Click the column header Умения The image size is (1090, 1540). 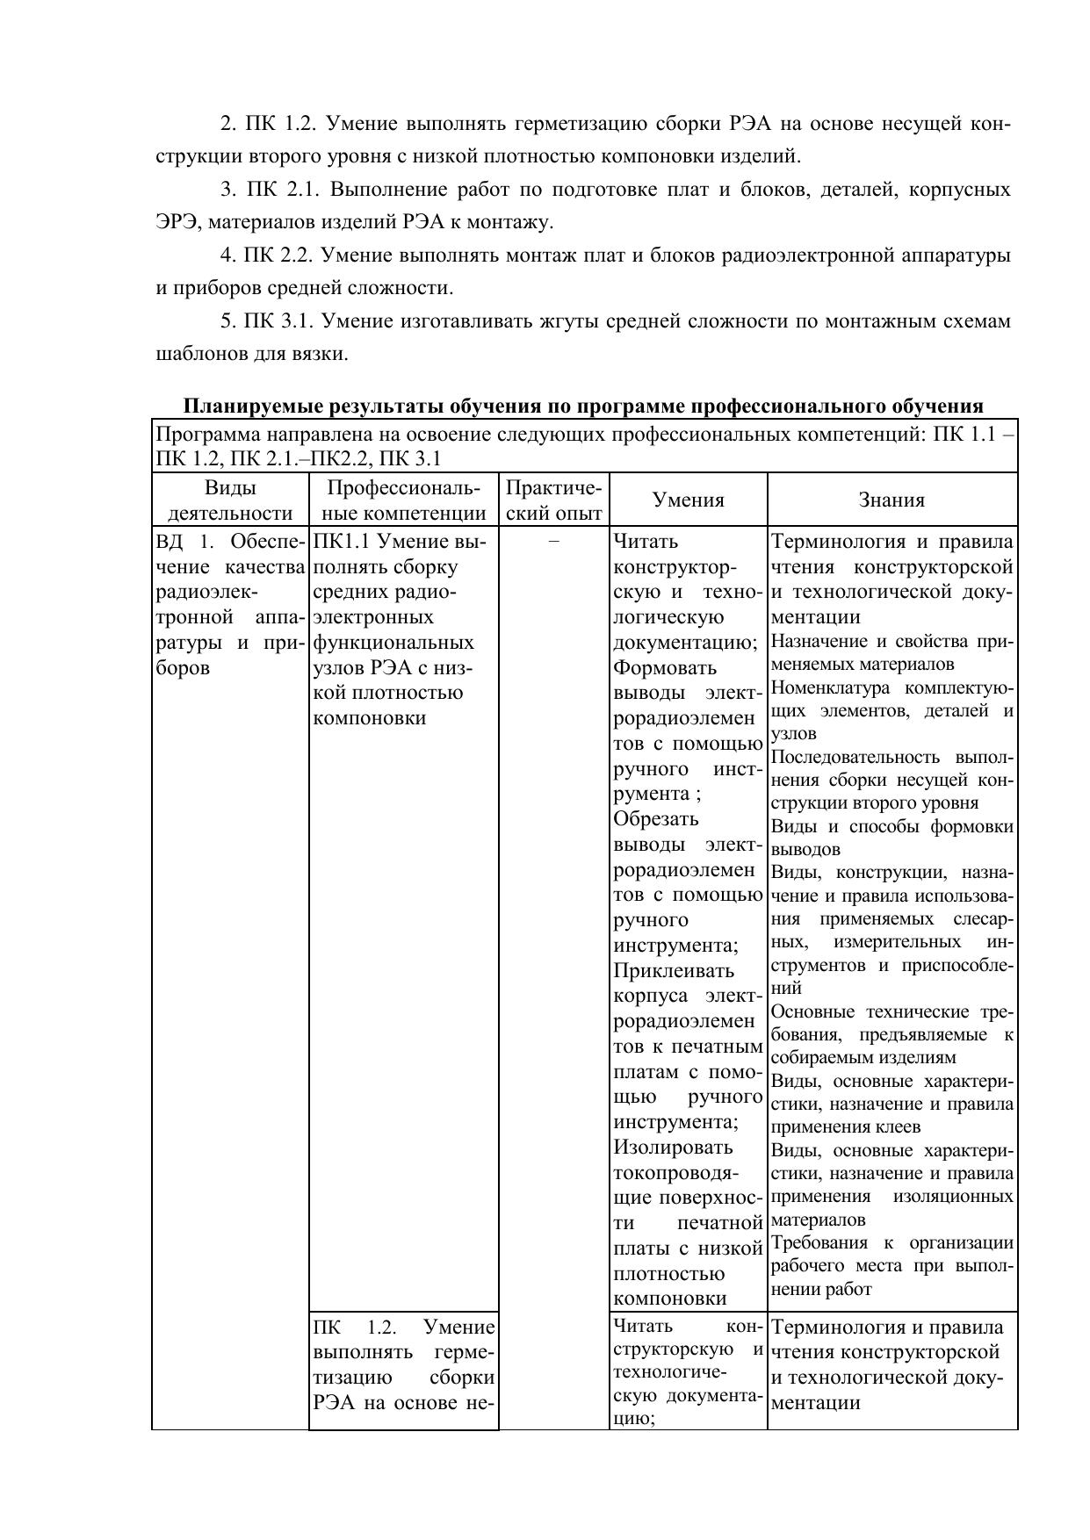(688, 500)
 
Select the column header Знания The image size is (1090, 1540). (891, 500)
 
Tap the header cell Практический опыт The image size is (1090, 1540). (554, 500)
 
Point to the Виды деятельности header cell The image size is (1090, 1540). (230, 500)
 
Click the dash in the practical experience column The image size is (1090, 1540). (553, 542)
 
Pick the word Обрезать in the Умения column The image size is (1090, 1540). (656, 819)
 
